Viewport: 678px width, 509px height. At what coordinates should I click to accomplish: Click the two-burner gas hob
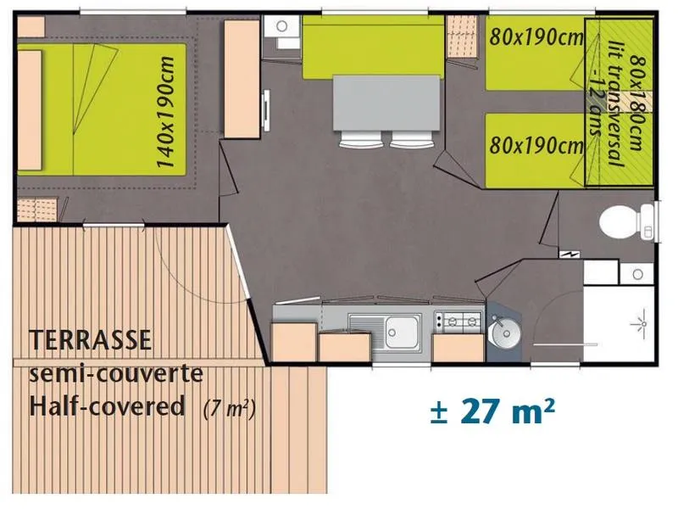tap(458, 321)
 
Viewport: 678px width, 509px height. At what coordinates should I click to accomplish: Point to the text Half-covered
tap(108, 406)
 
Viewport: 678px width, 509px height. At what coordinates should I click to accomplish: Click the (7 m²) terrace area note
tap(230, 409)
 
